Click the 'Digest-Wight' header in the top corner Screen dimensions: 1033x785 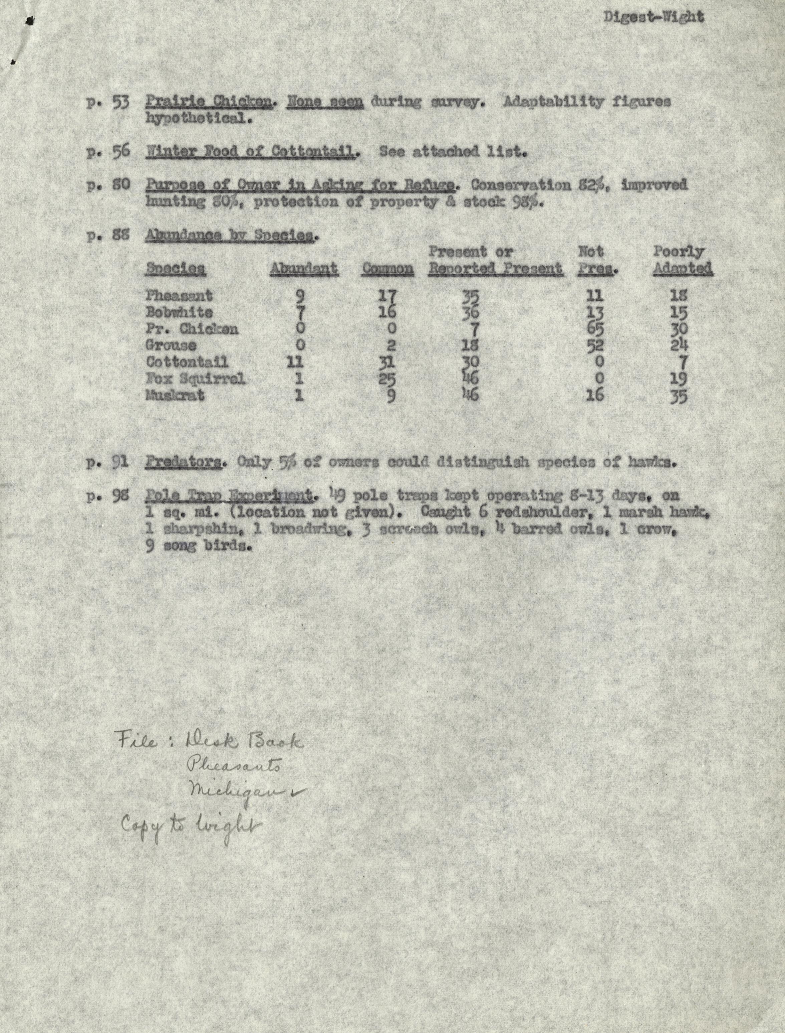(x=653, y=17)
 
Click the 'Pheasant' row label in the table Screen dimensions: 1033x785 (x=179, y=296)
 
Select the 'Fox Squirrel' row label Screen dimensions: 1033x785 (x=195, y=378)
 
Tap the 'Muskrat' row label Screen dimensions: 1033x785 (x=175, y=395)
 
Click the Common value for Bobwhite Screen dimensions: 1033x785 (x=387, y=312)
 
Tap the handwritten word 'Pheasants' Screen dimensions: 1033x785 (x=234, y=765)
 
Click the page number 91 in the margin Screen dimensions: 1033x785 (x=120, y=462)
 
